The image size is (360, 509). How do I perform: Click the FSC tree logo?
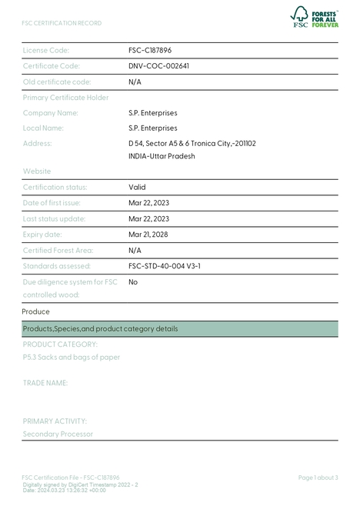(299, 15)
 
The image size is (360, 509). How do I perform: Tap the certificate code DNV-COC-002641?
(158, 66)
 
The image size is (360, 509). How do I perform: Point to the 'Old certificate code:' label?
(57, 82)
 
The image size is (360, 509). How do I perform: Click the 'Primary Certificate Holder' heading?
(65, 98)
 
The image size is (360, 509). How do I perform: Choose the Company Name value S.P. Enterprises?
(152, 113)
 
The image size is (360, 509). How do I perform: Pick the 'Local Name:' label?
(43, 128)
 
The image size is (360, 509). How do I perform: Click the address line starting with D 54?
(192, 144)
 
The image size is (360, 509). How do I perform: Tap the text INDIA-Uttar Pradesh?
(162, 156)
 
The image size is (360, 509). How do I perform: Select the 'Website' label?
(37, 171)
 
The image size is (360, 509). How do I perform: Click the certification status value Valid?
(137, 187)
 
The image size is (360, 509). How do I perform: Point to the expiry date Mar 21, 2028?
(148, 235)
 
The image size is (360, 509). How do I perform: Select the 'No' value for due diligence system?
(133, 282)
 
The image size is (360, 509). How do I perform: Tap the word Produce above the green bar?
(35, 311)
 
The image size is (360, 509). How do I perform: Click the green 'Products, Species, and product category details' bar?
(180, 328)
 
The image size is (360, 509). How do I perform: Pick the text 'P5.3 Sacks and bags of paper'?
(72, 357)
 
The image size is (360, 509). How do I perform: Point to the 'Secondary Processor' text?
(58, 434)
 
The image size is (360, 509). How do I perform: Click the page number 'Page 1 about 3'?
(318, 477)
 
